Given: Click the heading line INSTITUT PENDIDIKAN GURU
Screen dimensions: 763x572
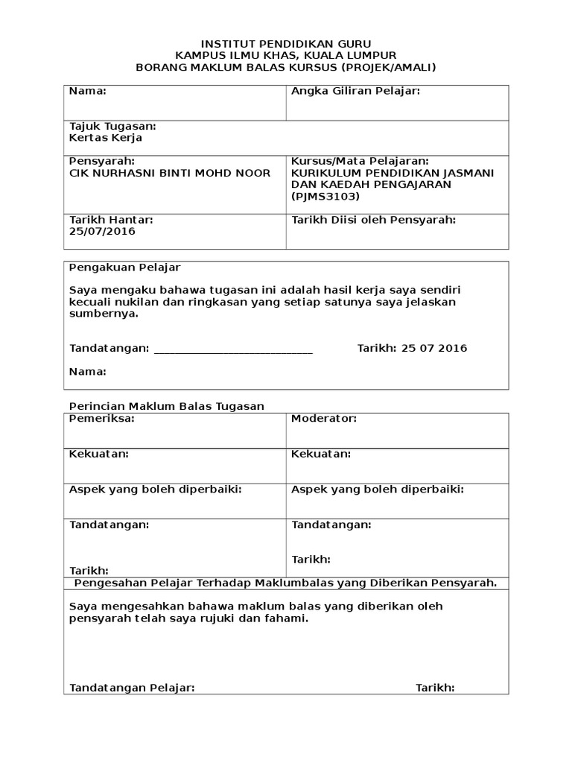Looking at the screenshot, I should [x=286, y=44].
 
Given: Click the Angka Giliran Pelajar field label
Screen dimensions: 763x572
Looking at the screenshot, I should [x=356, y=91].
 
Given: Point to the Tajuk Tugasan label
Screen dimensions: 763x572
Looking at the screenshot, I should [x=112, y=127].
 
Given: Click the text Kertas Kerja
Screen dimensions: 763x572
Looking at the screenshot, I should [x=106, y=138].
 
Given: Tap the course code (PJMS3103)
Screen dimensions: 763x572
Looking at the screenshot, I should [x=325, y=197].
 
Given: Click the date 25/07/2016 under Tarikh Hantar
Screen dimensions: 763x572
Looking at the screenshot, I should [x=103, y=231].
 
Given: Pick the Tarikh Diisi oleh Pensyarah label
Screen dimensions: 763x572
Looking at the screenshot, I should [x=373, y=220].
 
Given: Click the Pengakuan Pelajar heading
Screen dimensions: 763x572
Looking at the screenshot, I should [x=125, y=267].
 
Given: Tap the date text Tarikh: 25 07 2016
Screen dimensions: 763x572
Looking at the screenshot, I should [x=413, y=348].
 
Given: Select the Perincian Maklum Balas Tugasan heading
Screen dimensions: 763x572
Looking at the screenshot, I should [x=167, y=406].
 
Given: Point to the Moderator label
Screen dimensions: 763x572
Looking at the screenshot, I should [x=324, y=419].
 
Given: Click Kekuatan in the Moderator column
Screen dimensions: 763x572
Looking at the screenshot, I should [x=321, y=454].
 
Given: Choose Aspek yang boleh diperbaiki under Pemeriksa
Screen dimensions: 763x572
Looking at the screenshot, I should [x=155, y=489].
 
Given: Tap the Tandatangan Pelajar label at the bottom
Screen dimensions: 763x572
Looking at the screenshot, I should [x=132, y=688].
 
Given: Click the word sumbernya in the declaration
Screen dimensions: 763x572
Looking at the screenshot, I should [x=104, y=314].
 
